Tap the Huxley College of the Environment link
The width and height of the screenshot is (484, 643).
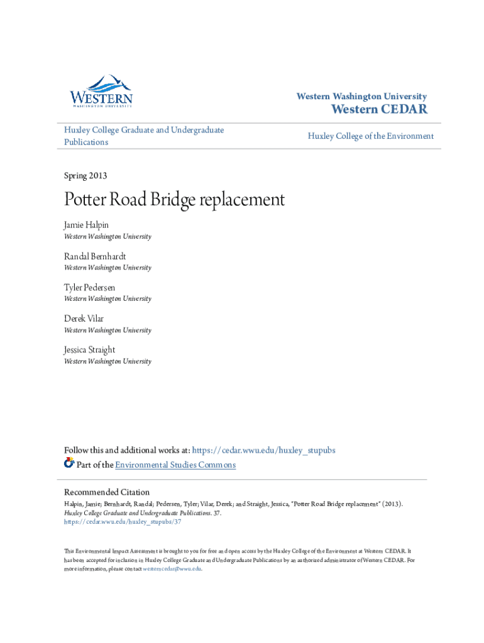click(x=370, y=136)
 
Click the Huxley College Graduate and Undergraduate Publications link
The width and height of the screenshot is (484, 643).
click(x=144, y=136)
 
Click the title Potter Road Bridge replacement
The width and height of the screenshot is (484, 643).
click(x=174, y=200)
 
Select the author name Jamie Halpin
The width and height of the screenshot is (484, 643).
click(x=86, y=225)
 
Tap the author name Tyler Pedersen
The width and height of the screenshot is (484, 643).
click(x=89, y=288)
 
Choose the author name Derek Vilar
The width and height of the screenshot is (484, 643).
click(x=84, y=318)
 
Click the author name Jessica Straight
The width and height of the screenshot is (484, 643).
click(x=89, y=350)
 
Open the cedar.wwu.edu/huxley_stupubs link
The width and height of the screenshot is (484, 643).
click(x=263, y=450)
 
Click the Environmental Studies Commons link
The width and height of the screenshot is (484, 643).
click(x=175, y=465)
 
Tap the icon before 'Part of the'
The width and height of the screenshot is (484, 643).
click(x=69, y=463)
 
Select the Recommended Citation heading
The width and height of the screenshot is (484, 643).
click(x=107, y=492)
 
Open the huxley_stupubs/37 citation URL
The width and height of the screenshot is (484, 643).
click(x=123, y=521)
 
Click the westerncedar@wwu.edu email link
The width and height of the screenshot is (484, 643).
click(x=172, y=568)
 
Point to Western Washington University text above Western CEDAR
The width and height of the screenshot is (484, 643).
click(x=361, y=97)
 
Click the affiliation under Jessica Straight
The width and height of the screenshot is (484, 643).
click(x=107, y=361)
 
